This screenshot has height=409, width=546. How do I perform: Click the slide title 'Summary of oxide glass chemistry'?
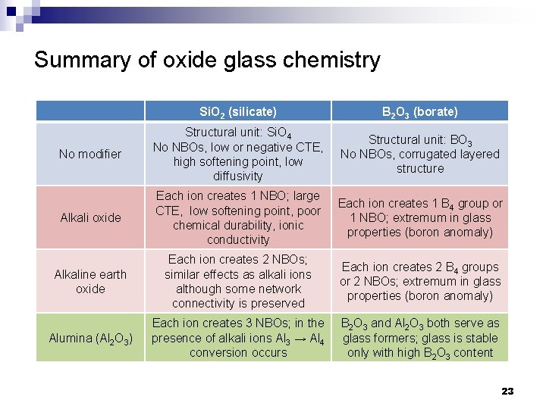click(x=207, y=59)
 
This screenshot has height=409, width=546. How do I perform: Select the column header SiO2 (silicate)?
click(x=237, y=111)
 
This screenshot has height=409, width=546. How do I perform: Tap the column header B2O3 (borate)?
click(x=419, y=111)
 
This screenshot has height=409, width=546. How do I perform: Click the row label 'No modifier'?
click(x=90, y=154)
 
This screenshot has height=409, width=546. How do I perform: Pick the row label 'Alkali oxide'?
click(x=90, y=217)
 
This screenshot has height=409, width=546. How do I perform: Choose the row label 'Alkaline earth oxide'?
click(x=90, y=281)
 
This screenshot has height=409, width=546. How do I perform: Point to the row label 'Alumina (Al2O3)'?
click(x=90, y=338)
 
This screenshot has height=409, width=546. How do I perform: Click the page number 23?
click(x=507, y=391)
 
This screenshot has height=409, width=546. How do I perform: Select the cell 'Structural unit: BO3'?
click(x=419, y=154)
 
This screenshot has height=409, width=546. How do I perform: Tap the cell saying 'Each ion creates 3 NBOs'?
click(x=237, y=338)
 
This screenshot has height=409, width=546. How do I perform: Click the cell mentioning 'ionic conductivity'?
click(x=237, y=217)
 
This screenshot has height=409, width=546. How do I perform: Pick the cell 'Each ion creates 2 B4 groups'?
click(x=419, y=281)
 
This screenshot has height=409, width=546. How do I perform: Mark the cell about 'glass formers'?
click(x=419, y=338)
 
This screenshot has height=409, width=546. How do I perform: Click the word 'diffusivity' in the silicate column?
click(x=237, y=176)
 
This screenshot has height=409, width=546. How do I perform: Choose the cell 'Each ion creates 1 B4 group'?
click(x=419, y=217)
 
